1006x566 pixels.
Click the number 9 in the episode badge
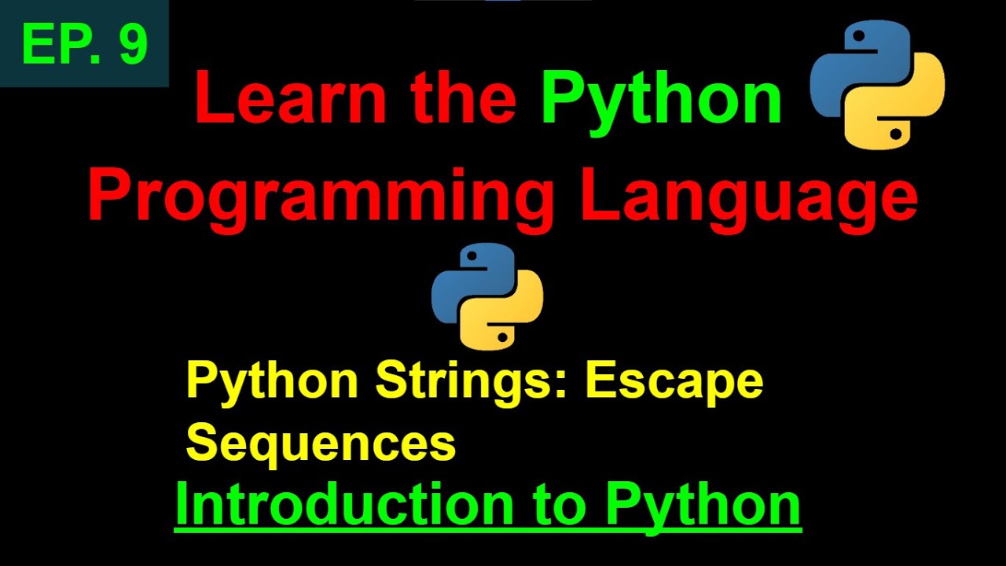[134, 44]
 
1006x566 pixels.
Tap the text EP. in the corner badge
[63, 44]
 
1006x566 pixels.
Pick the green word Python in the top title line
[662, 102]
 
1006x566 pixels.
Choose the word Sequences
[321, 443]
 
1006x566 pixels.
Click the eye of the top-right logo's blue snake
[858, 35]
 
